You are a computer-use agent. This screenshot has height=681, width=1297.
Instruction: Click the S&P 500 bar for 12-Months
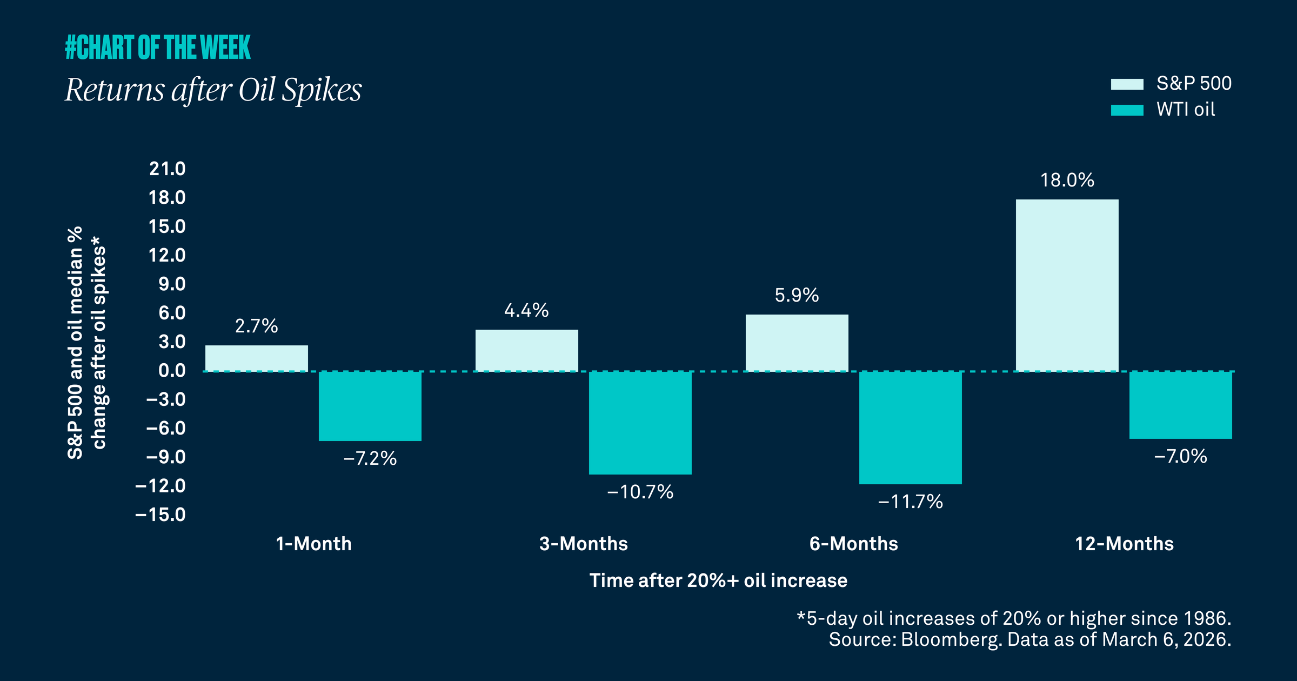point(1067,285)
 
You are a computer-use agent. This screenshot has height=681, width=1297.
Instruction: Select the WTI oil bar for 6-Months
point(910,428)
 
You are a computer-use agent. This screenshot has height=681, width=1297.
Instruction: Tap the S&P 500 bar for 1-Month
point(256,358)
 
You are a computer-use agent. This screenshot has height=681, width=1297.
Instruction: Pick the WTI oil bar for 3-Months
point(640,423)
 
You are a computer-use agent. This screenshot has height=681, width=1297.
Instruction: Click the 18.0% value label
point(1067,180)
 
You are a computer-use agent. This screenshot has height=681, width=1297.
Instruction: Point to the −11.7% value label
point(910,502)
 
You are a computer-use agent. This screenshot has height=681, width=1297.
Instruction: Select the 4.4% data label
point(526,310)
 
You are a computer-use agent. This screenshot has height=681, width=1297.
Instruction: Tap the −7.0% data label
point(1180,457)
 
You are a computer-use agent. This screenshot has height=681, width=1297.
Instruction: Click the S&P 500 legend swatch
point(1127,84)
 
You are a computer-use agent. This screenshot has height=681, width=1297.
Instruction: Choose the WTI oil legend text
point(1185,110)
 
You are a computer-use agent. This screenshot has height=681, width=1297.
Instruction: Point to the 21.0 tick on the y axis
point(167,169)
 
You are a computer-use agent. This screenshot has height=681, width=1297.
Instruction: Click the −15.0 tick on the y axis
point(160,514)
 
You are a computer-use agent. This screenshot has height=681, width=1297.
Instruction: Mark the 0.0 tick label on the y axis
point(172,371)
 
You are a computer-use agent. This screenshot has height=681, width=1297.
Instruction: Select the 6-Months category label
point(853,543)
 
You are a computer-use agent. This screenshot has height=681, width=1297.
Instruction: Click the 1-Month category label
point(313,543)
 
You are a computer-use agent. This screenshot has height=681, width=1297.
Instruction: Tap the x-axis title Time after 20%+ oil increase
point(718,580)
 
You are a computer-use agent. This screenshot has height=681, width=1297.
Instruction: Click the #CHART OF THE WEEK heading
point(158,48)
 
